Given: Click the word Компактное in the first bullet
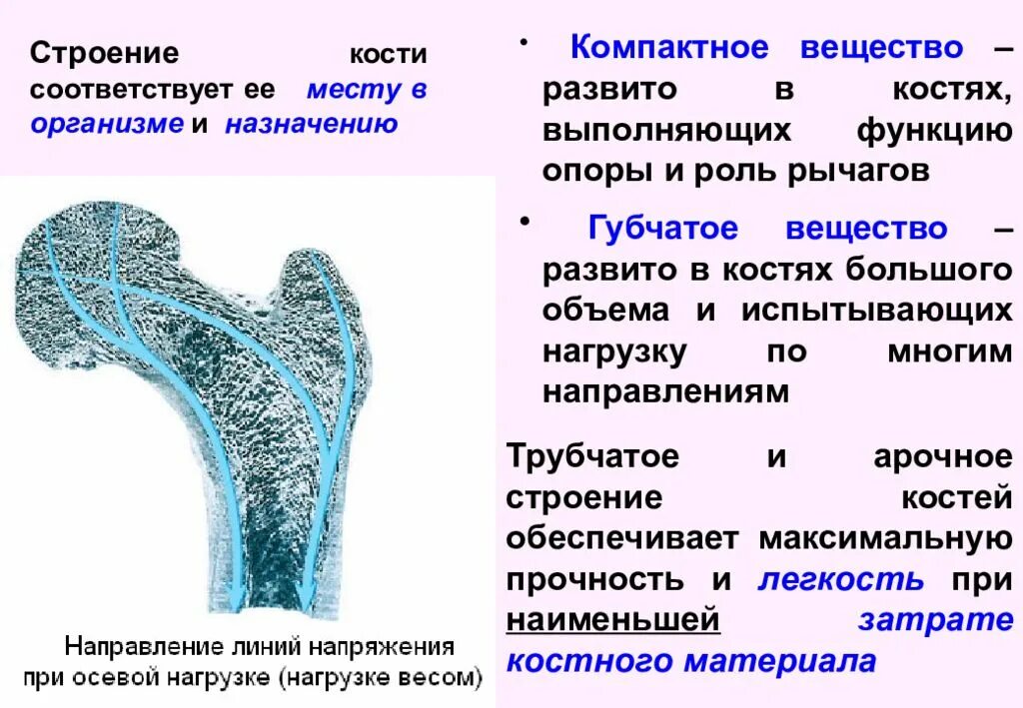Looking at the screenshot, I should (668, 48).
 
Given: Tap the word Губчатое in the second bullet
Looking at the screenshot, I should (662, 229).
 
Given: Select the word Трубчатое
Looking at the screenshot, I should (592, 457).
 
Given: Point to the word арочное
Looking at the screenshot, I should (942, 457).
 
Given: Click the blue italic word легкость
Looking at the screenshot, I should (840, 579).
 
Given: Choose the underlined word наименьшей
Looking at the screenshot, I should (612, 620).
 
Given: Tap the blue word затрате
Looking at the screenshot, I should (935, 620).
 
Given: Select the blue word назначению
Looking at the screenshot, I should (311, 125).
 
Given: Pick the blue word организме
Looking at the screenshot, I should (107, 125).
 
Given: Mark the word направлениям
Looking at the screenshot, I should (665, 391).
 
